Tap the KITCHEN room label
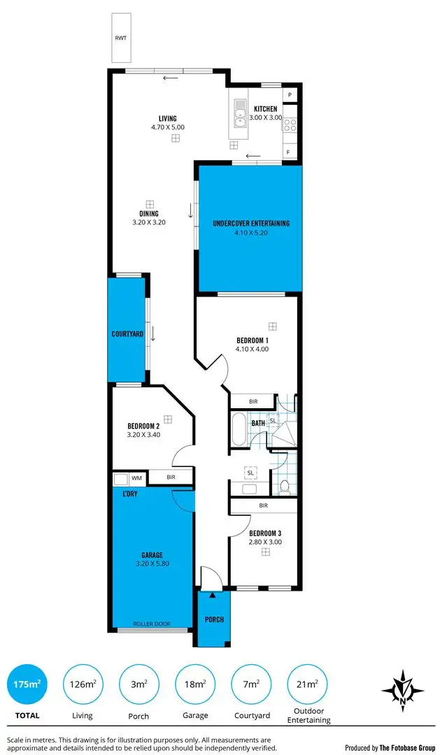(x=266, y=109)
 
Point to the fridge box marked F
(x=288, y=152)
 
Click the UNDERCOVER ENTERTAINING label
(x=250, y=224)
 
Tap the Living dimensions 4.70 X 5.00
(x=167, y=128)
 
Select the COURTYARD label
(x=127, y=334)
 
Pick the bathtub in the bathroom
(x=239, y=429)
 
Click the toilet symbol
(x=284, y=487)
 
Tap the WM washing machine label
(x=136, y=478)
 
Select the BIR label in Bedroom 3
(x=264, y=505)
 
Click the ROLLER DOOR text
(x=152, y=624)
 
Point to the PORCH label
(x=214, y=619)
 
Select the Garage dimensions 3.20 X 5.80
(x=152, y=564)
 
